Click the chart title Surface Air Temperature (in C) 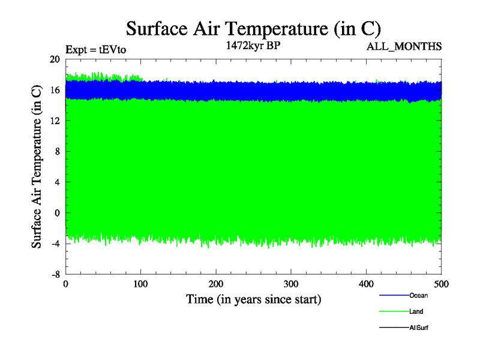click(253, 28)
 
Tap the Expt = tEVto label click(96, 50)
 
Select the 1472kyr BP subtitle click(250, 46)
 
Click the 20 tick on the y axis click(55, 59)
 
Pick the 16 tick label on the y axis click(55, 90)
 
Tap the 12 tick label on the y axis click(55, 121)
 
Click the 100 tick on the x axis click(140, 284)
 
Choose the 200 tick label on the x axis click(216, 284)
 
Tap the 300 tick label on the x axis click(291, 284)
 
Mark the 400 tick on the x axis click(366, 284)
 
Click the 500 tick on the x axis click(441, 284)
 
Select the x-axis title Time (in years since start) click(253, 299)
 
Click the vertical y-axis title click(37, 166)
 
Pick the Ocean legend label click(418, 295)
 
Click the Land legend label click(416, 311)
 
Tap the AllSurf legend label click(418, 328)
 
